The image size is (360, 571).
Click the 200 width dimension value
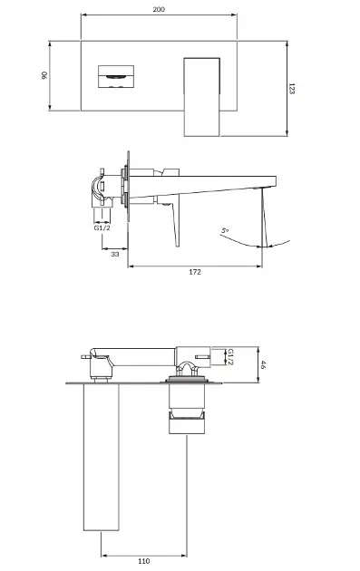click(159, 9)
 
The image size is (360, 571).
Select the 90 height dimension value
click(44, 75)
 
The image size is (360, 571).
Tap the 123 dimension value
click(291, 89)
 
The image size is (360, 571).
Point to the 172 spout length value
click(195, 272)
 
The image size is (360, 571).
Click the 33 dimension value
click(115, 254)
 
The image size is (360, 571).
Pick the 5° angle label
click(225, 231)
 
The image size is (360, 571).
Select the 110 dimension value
click(144, 561)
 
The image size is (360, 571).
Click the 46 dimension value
click(263, 364)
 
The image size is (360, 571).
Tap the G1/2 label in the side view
click(102, 228)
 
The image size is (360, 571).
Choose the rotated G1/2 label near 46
click(230, 357)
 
